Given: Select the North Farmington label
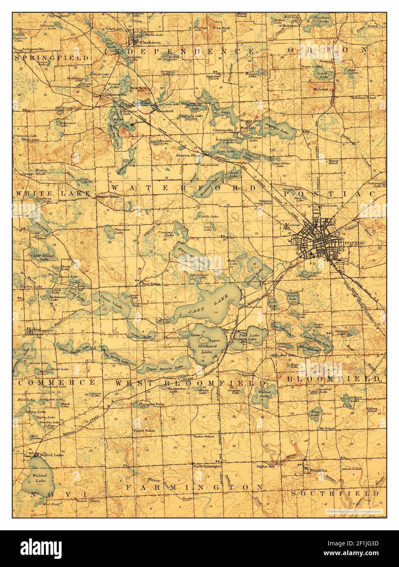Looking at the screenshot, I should tap(207, 466).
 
